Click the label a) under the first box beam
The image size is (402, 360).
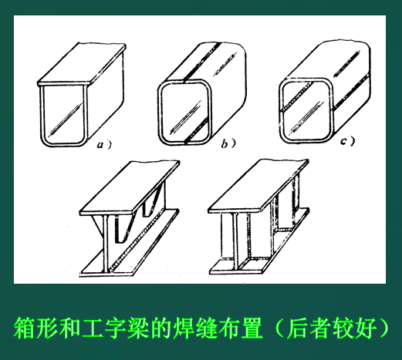click(103, 145)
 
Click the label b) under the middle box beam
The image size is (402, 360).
click(228, 143)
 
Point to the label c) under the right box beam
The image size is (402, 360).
click(348, 141)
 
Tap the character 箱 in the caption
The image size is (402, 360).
click(24, 328)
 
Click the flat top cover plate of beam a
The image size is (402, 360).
click(82, 64)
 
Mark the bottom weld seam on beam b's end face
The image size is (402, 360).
click(197, 130)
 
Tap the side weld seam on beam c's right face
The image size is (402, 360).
click(351, 92)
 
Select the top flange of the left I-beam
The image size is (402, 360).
click(130, 188)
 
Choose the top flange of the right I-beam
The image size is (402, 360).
click(258, 187)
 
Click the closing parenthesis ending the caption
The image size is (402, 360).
click(383, 328)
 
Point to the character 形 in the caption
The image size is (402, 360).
click(46, 328)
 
